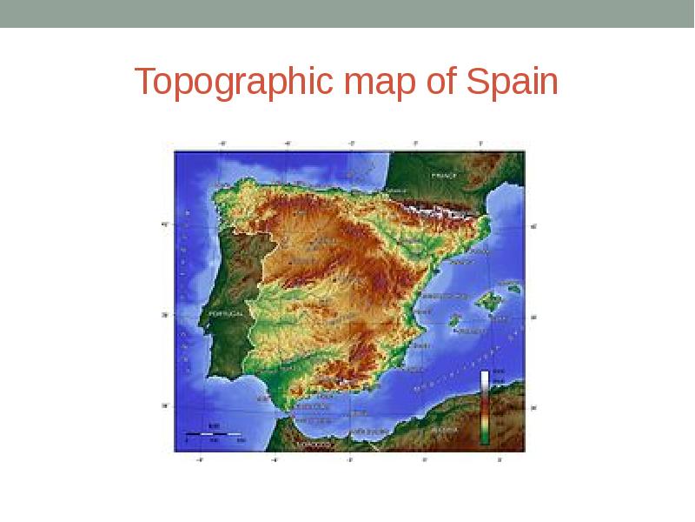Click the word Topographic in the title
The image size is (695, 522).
tap(235, 83)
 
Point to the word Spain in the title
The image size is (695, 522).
tap(513, 83)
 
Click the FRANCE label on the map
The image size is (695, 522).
tap(443, 175)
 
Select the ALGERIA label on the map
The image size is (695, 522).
tap(445, 429)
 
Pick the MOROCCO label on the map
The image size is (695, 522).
tap(314, 445)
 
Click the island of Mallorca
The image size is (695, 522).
tap(490, 301)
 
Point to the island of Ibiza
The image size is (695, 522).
tap(453, 320)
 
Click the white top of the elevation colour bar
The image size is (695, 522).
tap(485, 378)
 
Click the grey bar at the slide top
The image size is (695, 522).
tap(347, 13)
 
